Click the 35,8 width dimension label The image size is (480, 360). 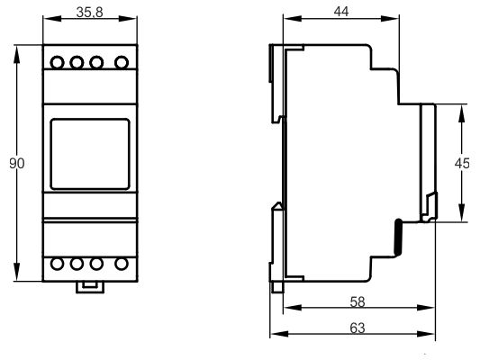89,13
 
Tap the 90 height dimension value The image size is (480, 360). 16,163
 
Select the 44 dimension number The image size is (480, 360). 341,12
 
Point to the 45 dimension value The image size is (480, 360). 462,163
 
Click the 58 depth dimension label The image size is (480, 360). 358,301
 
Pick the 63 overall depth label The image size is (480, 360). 358,328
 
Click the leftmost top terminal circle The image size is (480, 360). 57,63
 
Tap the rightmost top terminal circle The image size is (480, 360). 122,62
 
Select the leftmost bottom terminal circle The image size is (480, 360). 57,264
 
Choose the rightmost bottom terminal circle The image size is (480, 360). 122,264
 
